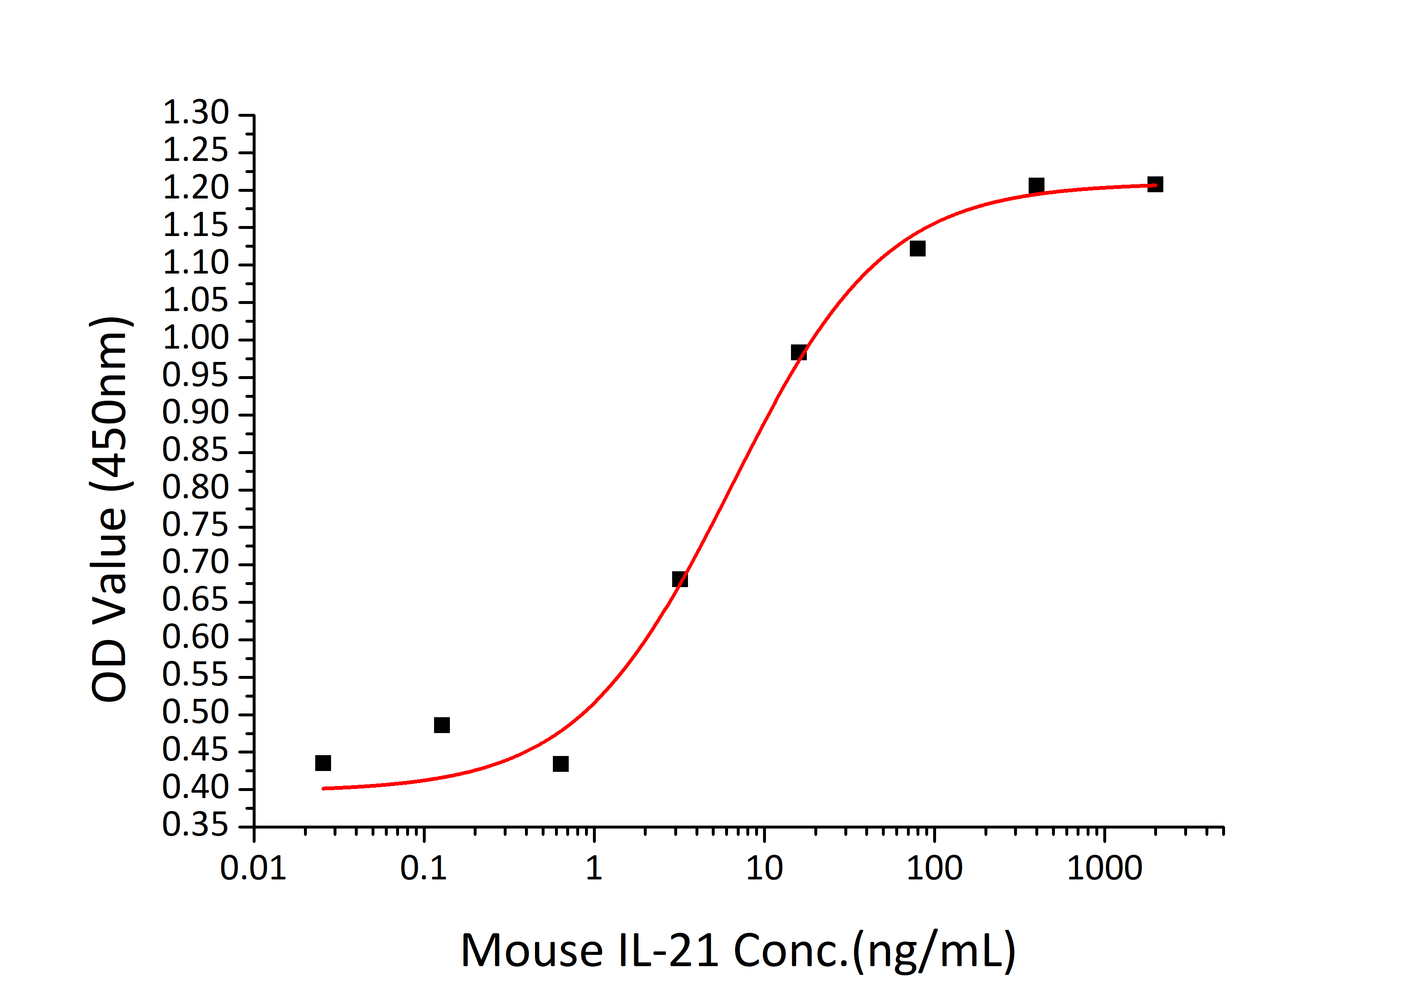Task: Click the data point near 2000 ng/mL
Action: point(1155,184)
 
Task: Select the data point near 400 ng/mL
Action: point(1036,186)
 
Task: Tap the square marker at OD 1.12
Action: point(917,249)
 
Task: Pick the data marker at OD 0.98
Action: point(798,353)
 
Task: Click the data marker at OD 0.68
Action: point(680,579)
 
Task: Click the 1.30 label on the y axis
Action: point(196,113)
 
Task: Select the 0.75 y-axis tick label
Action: point(196,525)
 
